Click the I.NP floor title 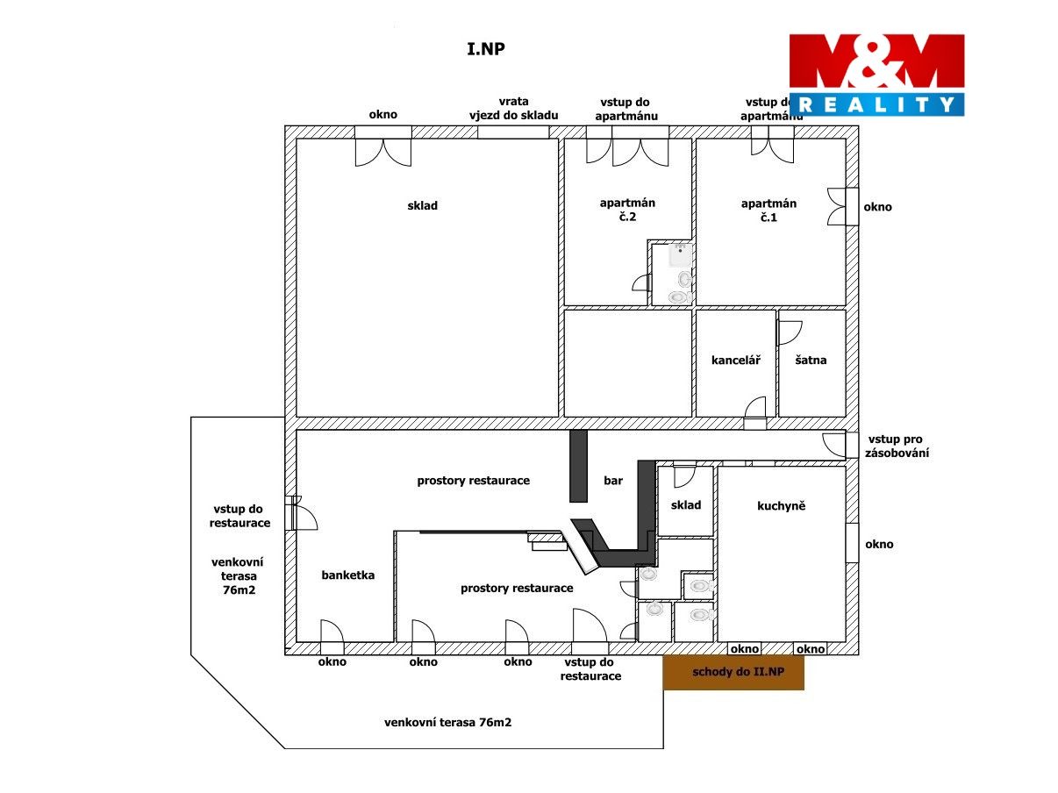tap(485, 49)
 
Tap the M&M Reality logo tap(876, 75)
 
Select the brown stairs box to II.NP tap(733, 672)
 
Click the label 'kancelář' tap(735, 360)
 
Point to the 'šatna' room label tap(811, 360)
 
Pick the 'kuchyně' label tap(782, 506)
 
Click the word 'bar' tap(613, 481)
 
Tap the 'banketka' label tap(348, 575)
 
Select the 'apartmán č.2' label tap(627, 210)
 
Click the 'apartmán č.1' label tap(768, 211)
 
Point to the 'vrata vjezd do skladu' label tap(514, 109)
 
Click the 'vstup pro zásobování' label tap(897, 447)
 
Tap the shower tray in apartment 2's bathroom tap(680, 255)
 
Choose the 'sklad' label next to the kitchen tap(686, 505)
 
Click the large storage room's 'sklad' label tap(422, 206)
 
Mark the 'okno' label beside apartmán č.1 tap(878, 207)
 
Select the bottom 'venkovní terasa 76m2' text tap(447, 722)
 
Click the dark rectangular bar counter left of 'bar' tap(578, 466)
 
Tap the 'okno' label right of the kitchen tap(879, 545)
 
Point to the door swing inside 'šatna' tap(790, 333)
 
